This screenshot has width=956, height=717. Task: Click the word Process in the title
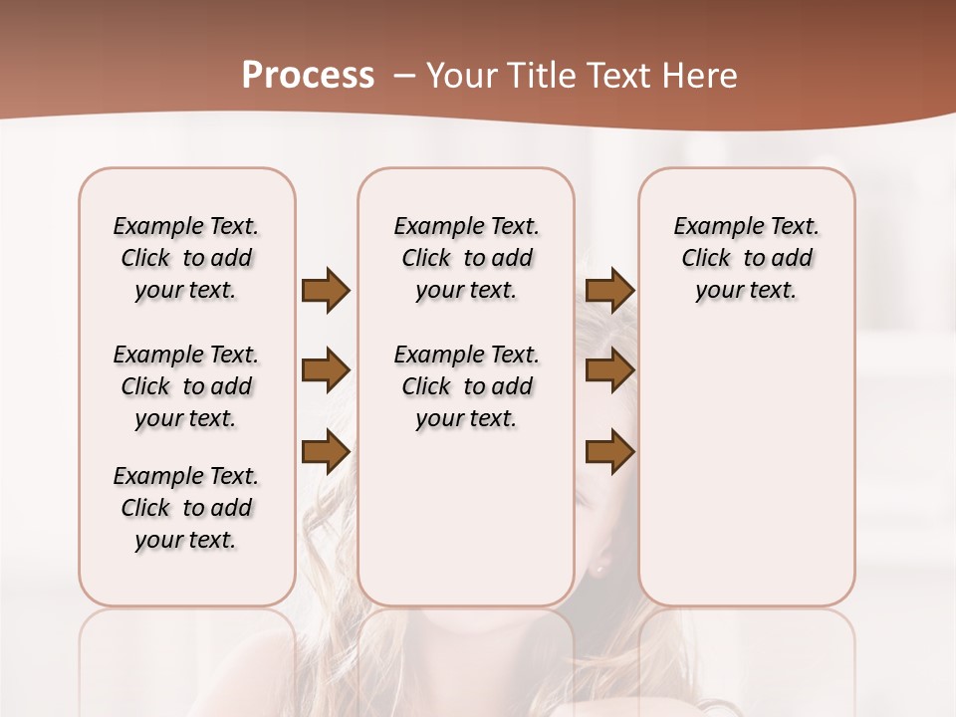tap(308, 76)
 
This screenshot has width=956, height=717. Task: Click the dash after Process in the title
tap(404, 76)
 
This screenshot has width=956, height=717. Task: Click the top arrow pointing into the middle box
tap(326, 291)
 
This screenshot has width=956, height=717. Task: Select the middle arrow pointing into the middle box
tap(326, 370)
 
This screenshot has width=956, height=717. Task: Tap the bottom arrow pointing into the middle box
tap(326, 451)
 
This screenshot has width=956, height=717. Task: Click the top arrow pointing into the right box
tap(609, 291)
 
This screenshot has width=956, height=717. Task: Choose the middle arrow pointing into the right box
tap(609, 370)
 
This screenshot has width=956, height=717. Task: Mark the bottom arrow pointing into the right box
tap(609, 451)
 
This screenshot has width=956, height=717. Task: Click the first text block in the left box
tap(186, 258)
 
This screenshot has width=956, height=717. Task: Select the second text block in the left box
tap(186, 386)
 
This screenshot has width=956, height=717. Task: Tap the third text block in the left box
tap(186, 508)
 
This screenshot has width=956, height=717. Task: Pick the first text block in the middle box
tap(466, 258)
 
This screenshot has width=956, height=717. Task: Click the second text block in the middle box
tap(466, 386)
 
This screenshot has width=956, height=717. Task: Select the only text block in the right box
tap(746, 258)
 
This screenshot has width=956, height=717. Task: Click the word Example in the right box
tap(710, 226)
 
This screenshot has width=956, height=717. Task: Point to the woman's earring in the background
tap(599, 570)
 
